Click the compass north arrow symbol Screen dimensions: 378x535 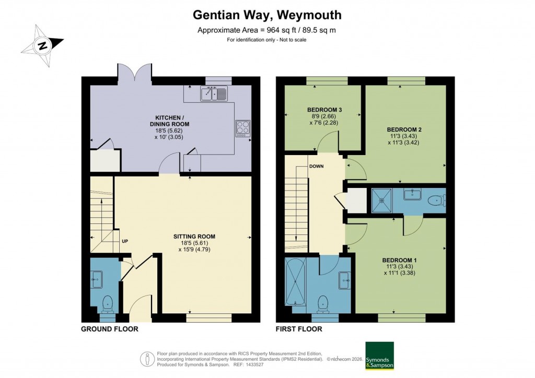pyautogui.click(x=42, y=45)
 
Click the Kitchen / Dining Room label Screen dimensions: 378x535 pyautogui.click(x=171, y=124)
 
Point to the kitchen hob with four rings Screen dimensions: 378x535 pyautogui.click(x=243, y=127)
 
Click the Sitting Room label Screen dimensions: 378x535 pyautogui.click(x=194, y=242)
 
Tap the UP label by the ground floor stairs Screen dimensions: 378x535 pyautogui.click(x=125, y=241)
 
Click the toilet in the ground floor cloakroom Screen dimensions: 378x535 pyautogui.click(x=108, y=302)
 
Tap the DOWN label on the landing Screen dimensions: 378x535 pyautogui.click(x=316, y=167)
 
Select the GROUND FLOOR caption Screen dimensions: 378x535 pyautogui.click(x=109, y=329)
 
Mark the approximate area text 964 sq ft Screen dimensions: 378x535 pyautogui.click(x=266, y=30)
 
